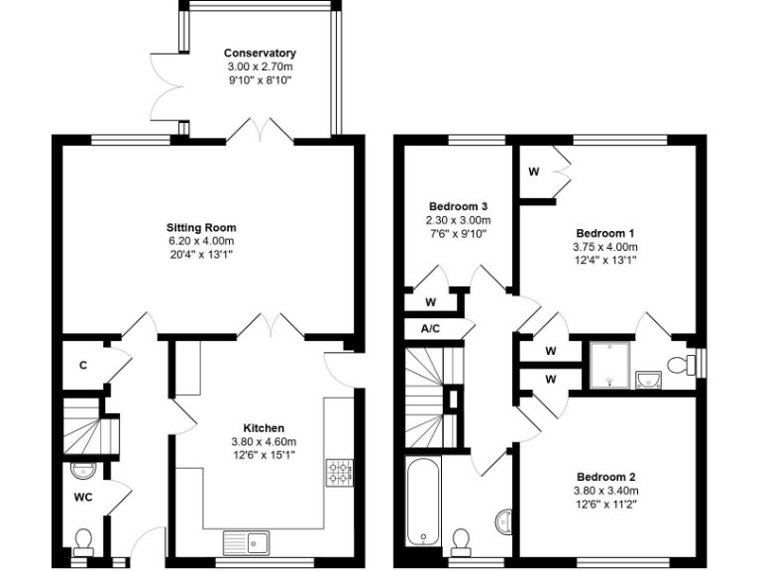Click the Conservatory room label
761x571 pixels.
[260, 53]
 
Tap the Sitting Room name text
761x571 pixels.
[201, 228]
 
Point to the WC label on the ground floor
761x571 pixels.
[82, 497]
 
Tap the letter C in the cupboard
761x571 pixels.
[83, 365]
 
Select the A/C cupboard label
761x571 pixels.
[430, 329]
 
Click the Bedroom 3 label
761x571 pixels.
[458, 206]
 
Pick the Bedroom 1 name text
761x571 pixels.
[604, 233]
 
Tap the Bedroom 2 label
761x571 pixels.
[604, 477]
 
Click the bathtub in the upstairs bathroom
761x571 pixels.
[424, 501]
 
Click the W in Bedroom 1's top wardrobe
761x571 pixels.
[533, 171]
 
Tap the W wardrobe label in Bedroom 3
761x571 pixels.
[430, 302]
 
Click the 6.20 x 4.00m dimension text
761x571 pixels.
[201, 241]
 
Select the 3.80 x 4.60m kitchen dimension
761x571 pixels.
[264, 442]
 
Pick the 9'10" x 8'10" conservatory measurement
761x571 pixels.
[260, 79]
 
